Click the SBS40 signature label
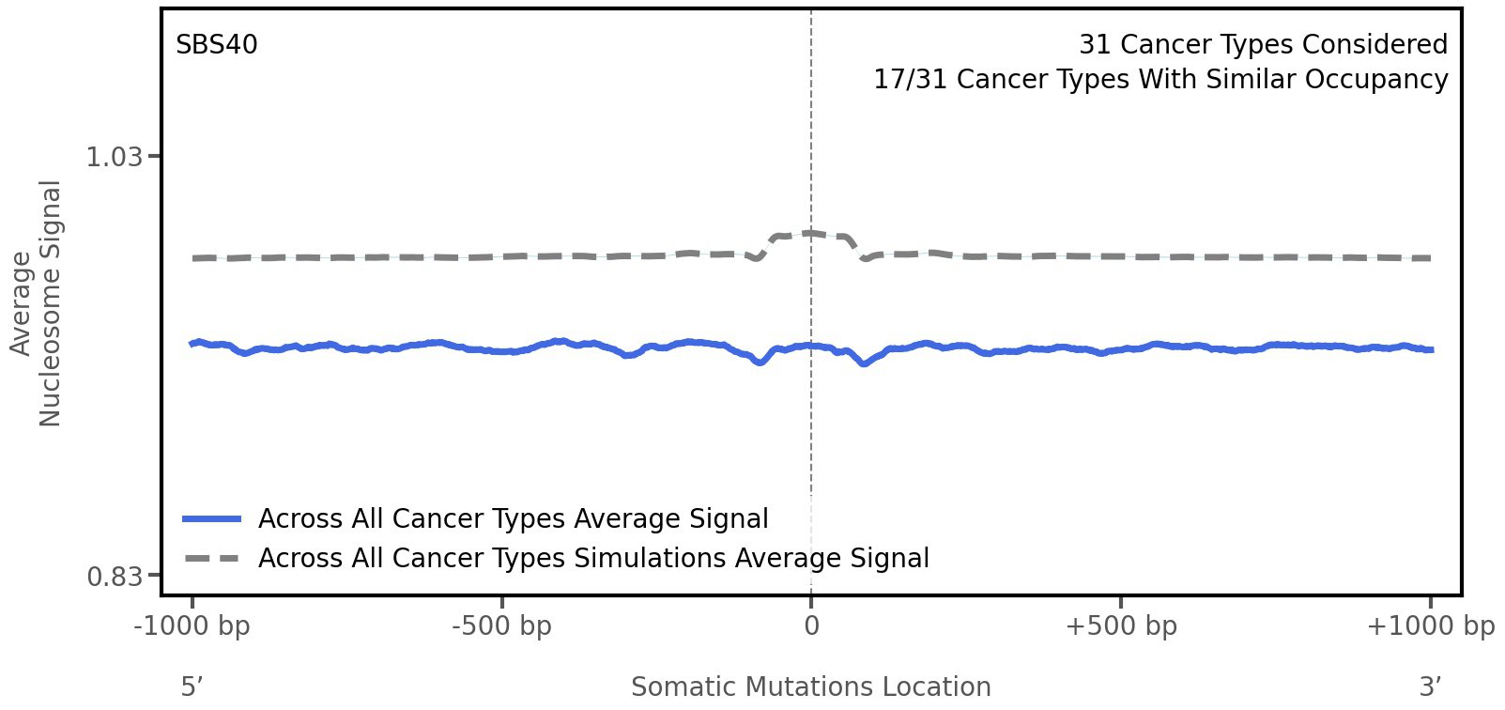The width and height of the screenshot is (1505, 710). (216, 45)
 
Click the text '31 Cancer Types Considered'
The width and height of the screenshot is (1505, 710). (1263, 45)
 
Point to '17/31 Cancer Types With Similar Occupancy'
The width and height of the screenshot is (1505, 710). (1160, 80)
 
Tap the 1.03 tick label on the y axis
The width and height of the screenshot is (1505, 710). (114, 157)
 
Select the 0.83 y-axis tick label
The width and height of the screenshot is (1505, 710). (114, 576)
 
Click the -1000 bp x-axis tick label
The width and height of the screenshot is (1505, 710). (192, 626)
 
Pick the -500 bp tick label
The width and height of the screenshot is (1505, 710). (502, 626)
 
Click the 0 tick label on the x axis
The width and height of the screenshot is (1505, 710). (811, 626)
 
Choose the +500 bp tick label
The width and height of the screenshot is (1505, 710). (1121, 626)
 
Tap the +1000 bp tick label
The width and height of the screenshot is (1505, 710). (1430, 626)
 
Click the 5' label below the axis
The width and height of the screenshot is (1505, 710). (192, 687)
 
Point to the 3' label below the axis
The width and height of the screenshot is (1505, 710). (1430, 687)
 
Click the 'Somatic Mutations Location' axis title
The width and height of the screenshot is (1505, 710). (810, 687)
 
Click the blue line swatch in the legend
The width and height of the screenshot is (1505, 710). (212, 519)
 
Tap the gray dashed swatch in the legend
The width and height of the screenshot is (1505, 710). (212, 559)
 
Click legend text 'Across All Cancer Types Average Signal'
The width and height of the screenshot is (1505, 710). (513, 519)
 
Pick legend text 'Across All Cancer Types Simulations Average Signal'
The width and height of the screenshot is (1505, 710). (593, 559)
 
